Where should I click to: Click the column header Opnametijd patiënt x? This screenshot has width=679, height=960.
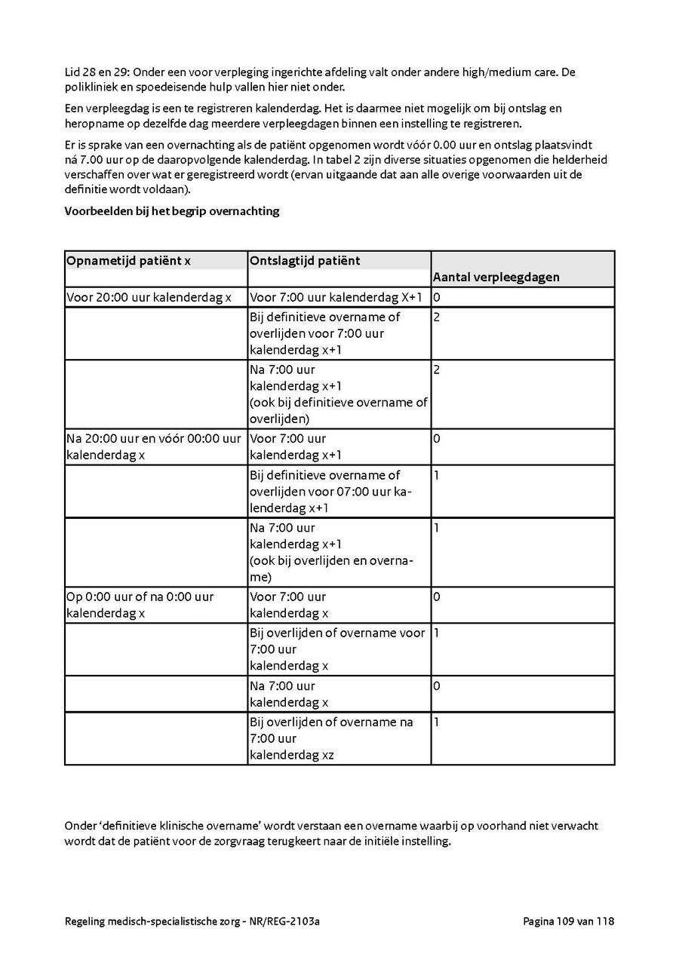point(128,261)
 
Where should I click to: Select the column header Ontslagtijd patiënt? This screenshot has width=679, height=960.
point(305,261)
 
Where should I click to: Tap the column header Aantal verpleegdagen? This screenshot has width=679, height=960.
point(496,277)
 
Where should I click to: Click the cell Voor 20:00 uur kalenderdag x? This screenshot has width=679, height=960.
point(149,297)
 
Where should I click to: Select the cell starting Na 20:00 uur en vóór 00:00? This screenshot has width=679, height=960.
point(154,446)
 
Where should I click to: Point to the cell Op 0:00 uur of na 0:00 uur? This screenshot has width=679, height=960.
point(140,605)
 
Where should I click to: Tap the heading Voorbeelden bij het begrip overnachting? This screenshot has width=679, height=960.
point(172,211)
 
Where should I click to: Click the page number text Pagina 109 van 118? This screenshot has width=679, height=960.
point(568,922)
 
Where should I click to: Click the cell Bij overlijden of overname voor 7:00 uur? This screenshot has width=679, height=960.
point(337,649)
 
